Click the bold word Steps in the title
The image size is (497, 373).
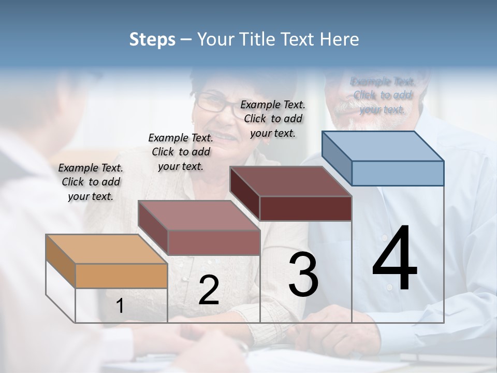coord(152,40)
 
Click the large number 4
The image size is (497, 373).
coord(394,259)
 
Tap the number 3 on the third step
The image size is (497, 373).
coord(303,275)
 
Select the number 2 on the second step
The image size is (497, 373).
coord(209,290)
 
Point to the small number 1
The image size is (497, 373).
coord(120,306)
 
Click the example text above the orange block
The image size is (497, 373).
coord(91,182)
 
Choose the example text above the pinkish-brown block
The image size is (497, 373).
coord(181,152)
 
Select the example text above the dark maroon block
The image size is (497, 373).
coord(273,119)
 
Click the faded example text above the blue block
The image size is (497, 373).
coord(383,95)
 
